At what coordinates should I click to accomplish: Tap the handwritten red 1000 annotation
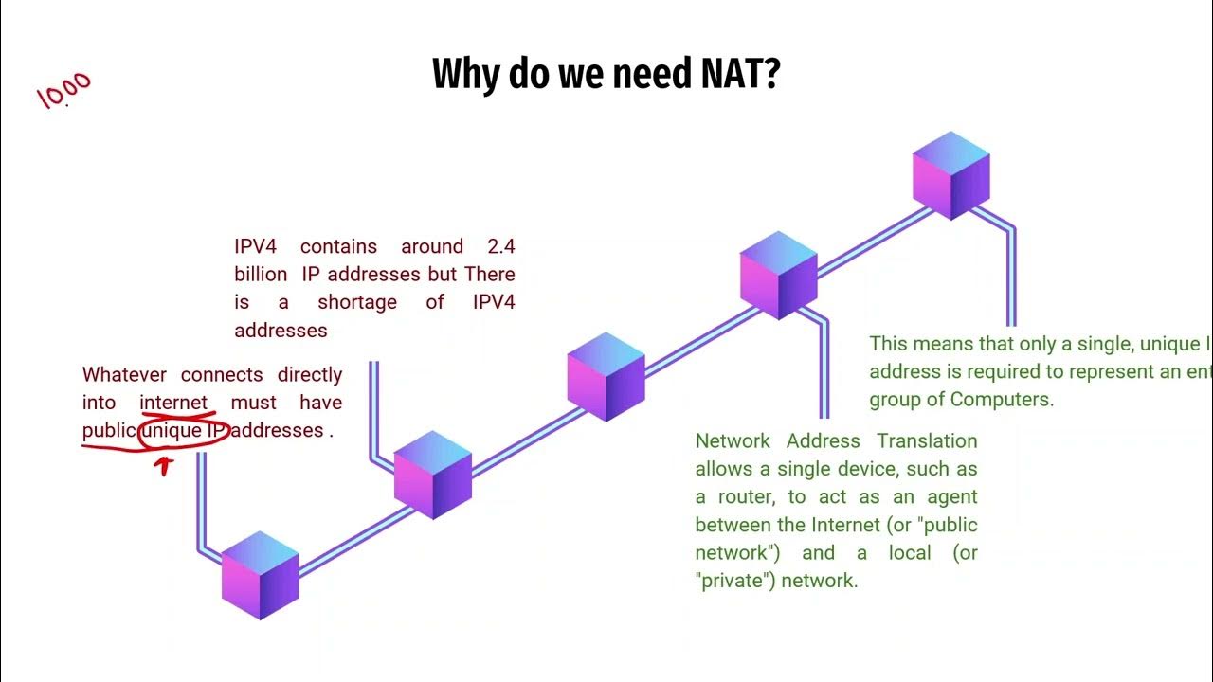[64, 91]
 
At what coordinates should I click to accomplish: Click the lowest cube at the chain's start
[260, 575]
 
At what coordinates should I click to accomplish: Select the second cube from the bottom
[432, 475]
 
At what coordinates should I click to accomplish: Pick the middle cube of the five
[606, 376]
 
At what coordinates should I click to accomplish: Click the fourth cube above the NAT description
[778, 275]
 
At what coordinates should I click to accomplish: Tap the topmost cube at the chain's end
[950, 175]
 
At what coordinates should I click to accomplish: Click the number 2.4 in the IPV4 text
[500, 246]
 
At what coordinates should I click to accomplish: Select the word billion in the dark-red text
[261, 275]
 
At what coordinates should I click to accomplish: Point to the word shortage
[357, 302]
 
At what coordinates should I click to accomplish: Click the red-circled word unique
[172, 430]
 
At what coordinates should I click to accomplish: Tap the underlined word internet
[173, 403]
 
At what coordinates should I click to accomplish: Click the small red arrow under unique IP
[165, 465]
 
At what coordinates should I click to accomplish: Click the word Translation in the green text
[927, 441]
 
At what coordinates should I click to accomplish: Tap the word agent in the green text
[952, 497]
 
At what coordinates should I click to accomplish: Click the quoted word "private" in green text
[731, 581]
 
